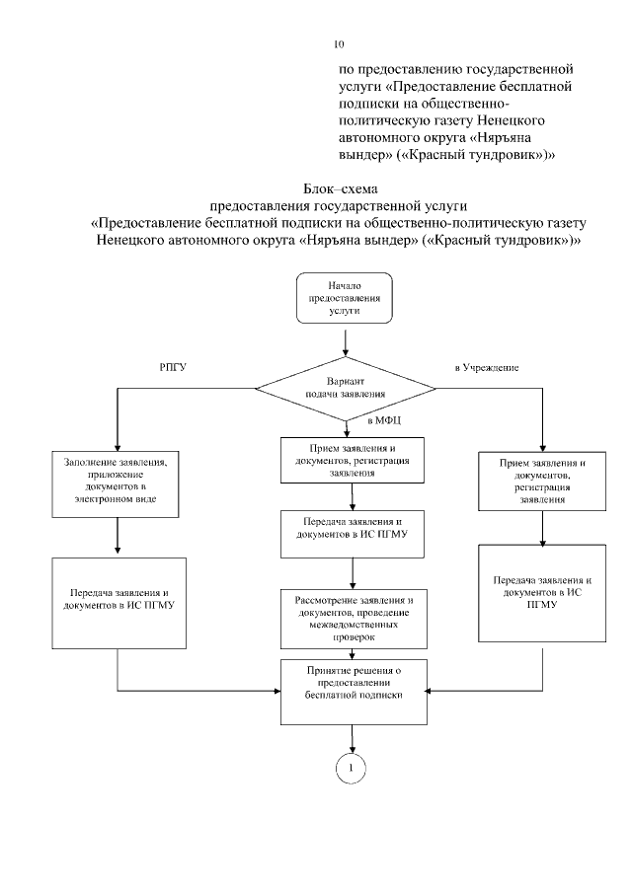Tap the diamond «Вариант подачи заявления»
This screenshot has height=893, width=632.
coord(345,387)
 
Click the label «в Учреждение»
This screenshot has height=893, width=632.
coord(487,367)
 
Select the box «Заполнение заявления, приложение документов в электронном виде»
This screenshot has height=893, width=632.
coord(118,484)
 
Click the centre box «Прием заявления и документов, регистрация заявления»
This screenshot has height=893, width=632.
coord(346,459)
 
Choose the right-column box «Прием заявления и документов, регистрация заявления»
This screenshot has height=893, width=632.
coord(543,483)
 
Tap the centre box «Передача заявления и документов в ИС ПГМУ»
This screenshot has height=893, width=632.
coord(346,527)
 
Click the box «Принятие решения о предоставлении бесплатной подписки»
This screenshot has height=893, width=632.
coord(346,682)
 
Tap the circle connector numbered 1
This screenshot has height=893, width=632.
coord(351,767)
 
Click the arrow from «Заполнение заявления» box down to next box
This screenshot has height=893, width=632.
coord(118,537)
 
